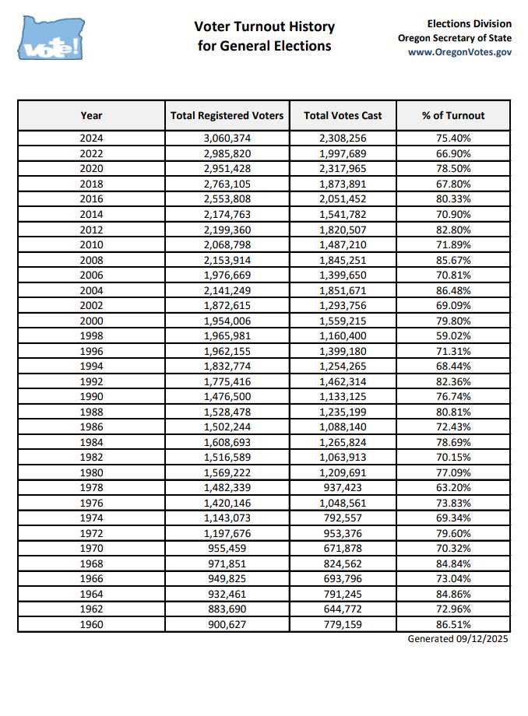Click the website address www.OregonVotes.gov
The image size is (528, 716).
pos(459,52)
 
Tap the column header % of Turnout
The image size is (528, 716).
pos(453,115)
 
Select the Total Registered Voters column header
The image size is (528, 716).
pos(227,115)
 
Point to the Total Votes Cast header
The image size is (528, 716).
pos(343,115)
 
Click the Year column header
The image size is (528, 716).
pos(91,115)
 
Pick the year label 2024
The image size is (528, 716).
pos(91,139)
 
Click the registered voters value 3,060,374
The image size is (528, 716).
pos(227,139)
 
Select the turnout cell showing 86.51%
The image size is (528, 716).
pos(453,624)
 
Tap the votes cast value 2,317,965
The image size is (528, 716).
pos(343,169)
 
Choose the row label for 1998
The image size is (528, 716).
pos(91,335)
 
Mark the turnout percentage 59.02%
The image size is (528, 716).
pos(453,335)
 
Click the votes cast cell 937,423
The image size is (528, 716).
pos(343,487)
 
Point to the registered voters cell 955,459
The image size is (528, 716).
pos(227,548)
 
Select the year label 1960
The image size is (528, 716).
pos(91,624)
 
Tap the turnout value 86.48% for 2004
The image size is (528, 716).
pos(453,290)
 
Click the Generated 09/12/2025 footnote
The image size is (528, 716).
pos(459,639)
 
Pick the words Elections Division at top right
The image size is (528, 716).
pos(470,24)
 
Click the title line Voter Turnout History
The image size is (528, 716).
pos(265,27)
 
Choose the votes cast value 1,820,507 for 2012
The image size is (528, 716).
pos(343,230)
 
